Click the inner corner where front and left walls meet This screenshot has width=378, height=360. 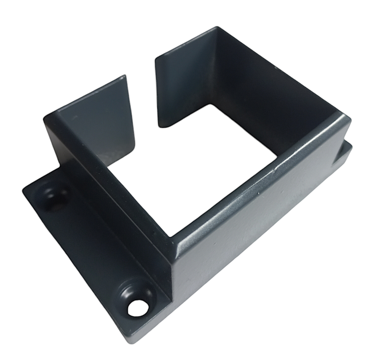coord(171,237)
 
